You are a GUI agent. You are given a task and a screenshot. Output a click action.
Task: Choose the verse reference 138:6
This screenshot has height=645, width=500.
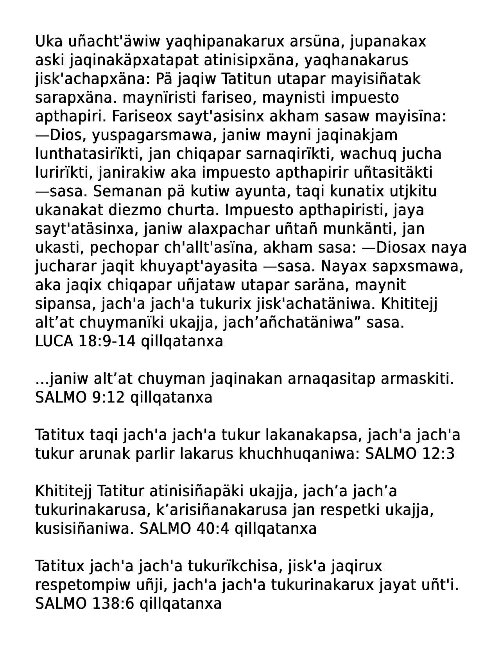pos(113,604)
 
